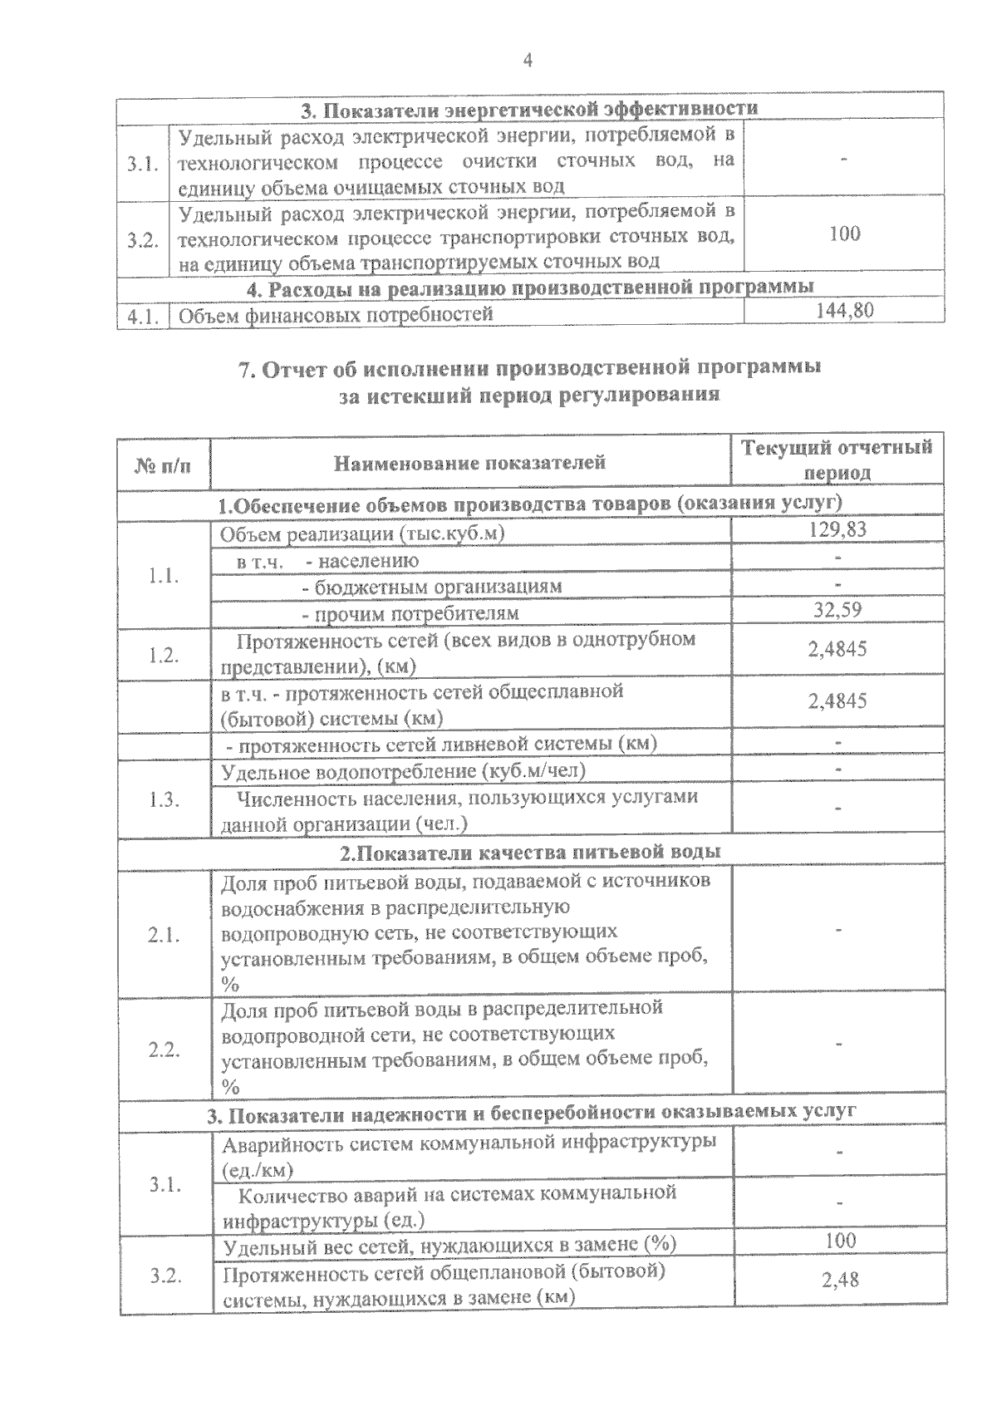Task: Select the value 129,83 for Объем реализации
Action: coord(837,529)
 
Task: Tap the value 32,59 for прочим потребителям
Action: coord(837,611)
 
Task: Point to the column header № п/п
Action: coord(163,464)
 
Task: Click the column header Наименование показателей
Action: coord(470,462)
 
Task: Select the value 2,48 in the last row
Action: coord(840,1281)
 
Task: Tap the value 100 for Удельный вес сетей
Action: coord(841,1241)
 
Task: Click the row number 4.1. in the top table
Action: coord(143,316)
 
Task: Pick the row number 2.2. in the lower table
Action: coord(164,1050)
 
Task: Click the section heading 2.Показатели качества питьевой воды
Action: coord(531,852)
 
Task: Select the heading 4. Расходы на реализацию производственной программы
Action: coord(531,288)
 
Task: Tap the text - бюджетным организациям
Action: coord(432,586)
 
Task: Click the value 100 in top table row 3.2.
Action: coord(844,234)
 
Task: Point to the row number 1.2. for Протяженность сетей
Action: coord(164,655)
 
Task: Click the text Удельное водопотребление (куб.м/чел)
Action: coord(404,771)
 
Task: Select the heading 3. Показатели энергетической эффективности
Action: coord(529,108)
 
